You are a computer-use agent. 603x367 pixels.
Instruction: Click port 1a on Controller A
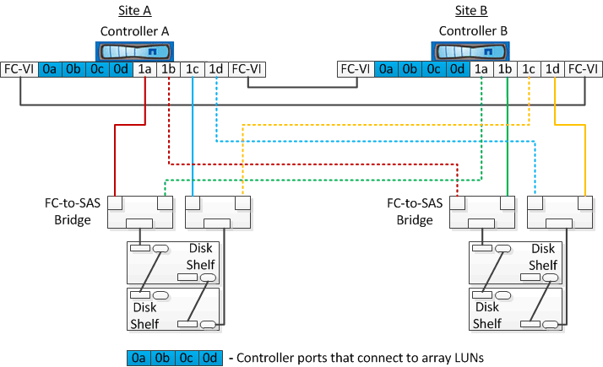[145, 69]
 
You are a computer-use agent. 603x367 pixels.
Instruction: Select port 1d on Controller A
[216, 69]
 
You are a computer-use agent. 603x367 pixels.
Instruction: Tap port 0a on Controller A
[51, 69]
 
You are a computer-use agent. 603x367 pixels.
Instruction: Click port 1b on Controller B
[505, 69]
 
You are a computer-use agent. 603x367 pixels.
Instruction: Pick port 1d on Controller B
[553, 69]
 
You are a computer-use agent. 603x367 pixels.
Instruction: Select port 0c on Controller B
[434, 69]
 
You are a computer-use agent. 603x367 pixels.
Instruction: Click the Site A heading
[134, 11]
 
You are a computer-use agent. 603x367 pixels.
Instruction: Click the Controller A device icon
[135, 50]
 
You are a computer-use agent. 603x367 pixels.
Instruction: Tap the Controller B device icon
[471, 50]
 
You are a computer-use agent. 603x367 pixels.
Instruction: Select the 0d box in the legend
[209, 358]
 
